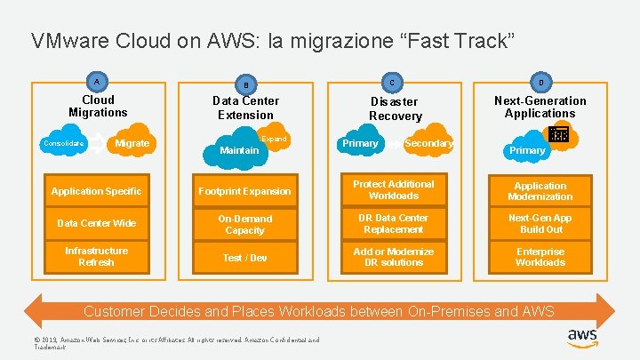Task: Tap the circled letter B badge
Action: [246, 84]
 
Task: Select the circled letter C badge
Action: [394, 82]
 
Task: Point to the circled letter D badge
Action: [540, 81]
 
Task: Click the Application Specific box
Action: [96, 191]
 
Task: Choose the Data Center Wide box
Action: [96, 223]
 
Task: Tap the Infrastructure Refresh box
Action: [96, 256]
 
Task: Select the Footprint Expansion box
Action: [244, 191]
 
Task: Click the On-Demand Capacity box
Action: [244, 224]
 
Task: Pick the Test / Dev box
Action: [244, 257]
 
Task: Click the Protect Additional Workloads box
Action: [393, 190]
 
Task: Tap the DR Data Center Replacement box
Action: [393, 224]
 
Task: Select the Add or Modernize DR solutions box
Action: [393, 257]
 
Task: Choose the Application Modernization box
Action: [540, 191]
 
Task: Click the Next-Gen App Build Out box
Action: [540, 224]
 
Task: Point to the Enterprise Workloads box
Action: [540, 257]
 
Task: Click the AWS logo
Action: [582, 339]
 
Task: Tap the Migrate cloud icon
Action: [132, 143]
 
